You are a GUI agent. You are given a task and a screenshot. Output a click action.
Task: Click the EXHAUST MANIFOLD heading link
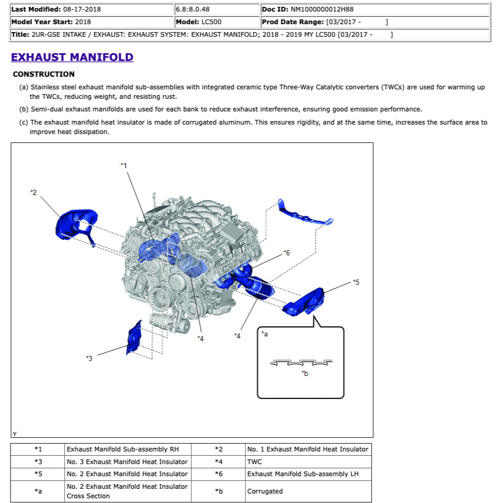pos(72,57)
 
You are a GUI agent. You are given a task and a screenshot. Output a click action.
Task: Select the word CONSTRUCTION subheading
pos(44,74)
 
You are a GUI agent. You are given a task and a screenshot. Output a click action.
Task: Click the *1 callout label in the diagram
pos(124,166)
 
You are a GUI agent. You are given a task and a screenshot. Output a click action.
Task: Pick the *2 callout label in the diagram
pos(33,192)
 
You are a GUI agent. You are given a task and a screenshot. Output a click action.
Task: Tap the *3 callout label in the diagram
pos(89,358)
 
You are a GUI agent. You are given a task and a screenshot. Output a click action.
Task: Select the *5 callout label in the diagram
pos(356,282)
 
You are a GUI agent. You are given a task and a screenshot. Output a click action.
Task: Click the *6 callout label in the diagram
pos(286,253)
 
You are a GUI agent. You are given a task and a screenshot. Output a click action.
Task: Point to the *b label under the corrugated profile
pos(304,373)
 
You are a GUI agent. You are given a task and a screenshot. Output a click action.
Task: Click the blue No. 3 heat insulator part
pos(134,336)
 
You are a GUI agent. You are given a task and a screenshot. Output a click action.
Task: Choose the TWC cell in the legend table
pos(254,461)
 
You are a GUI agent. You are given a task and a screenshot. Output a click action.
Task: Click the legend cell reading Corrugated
pos(265,491)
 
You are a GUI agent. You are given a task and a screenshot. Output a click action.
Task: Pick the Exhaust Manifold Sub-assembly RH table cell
pos(122,449)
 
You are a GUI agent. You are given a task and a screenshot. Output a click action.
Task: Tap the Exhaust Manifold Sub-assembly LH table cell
pos(304,474)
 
